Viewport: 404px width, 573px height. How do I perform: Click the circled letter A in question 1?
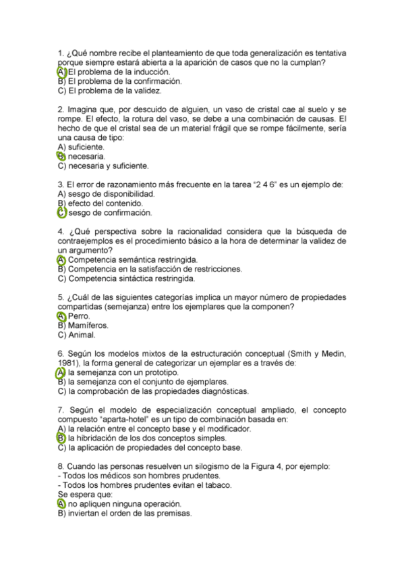(61, 72)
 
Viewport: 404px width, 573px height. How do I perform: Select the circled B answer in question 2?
(61, 156)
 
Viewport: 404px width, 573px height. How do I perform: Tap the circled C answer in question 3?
(61, 213)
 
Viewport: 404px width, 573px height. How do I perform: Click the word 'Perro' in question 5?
(79, 316)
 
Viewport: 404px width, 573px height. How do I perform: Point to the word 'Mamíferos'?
(88, 325)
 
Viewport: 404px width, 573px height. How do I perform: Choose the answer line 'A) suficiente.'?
(82, 147)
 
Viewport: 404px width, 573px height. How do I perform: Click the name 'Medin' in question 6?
(335, 353)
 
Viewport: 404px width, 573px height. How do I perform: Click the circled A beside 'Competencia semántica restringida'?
(61, 259)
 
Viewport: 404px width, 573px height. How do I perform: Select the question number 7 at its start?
(61, 409)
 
